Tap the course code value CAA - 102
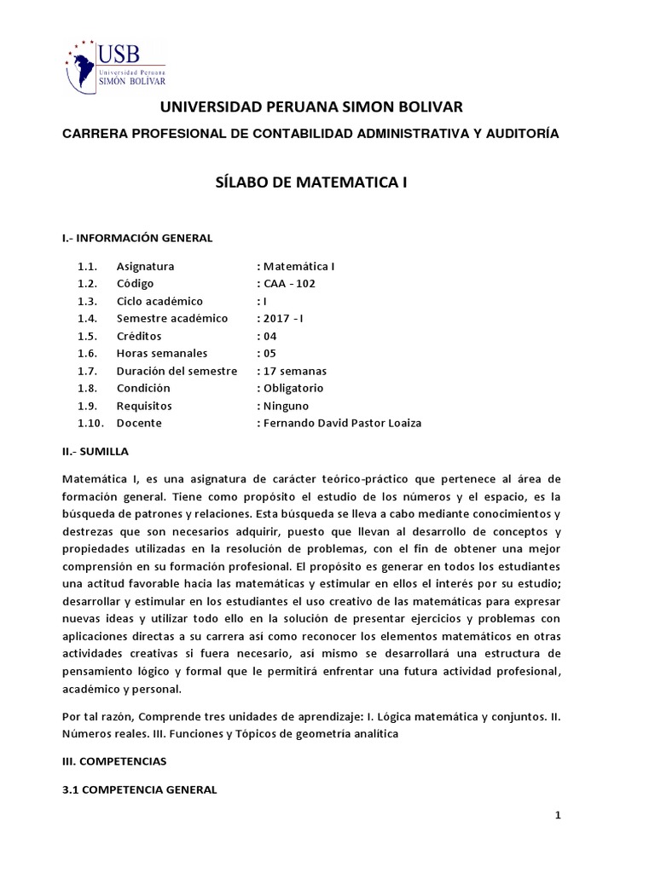pyautogui.click(x=287, y=283)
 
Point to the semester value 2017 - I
pyautogui.click(x=281, y=318)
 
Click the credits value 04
pyautogui.click(x=268, y=336)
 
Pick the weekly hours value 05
pyautogui.click(x=268, y=353)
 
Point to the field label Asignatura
pyautogui.click(x=145, y=266)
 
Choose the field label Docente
pyautogui.click(x=139, y=423)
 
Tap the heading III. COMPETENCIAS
pyautogui.click(x=115, y=759)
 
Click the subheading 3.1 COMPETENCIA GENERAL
pyautogui.click(x=140, y=789)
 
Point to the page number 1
pyautogui.click(x=558, y=816)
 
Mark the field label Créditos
pyautogui.click(x=139, y=336)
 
